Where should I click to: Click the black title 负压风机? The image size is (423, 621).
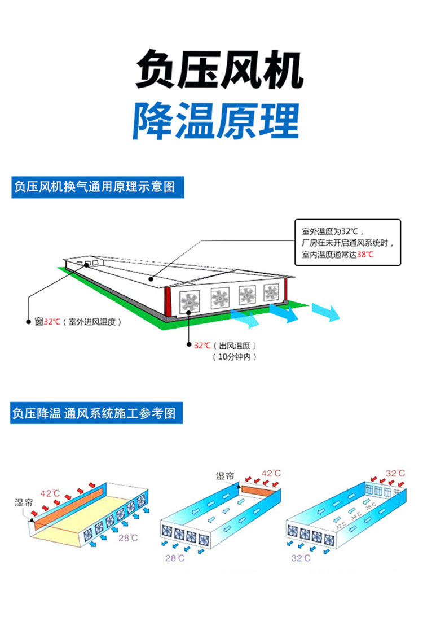point(219,70)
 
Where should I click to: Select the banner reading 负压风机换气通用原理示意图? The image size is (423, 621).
point(98,187)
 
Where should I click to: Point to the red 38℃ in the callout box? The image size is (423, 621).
point(365,255)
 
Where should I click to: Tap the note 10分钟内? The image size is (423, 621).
point(235,357)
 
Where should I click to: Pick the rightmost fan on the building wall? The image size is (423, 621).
point(271,292)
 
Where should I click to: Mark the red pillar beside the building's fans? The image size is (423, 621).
point(168,303)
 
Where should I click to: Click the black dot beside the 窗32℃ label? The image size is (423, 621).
point(28,322)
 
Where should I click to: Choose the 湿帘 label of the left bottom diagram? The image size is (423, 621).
point(24,501)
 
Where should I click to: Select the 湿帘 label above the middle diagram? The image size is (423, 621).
point(224,476)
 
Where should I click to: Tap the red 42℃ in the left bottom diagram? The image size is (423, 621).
point(49,493)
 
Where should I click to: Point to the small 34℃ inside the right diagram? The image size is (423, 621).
point(355,515)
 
